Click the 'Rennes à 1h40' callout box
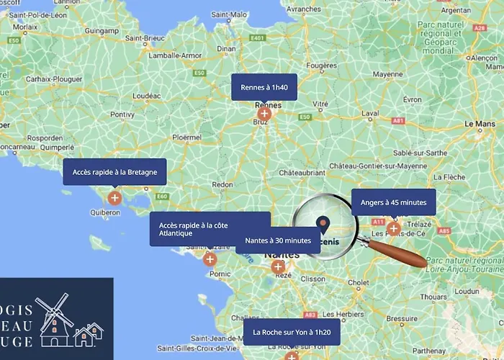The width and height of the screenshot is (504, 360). pos(264,87)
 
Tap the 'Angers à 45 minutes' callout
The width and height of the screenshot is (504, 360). pos(393,202)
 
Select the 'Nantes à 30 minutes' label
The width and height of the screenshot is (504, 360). pos(277,240)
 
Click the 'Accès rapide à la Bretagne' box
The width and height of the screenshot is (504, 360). pos(114,172)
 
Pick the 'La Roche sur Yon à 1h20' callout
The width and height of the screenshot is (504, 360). pos(291,332)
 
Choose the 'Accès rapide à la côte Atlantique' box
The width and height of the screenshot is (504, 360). pos(210,229)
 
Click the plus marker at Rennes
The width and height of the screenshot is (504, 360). pos(264,113)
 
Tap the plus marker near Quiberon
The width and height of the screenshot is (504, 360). pos(114,197)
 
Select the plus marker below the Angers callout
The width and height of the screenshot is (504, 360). pos(393,228)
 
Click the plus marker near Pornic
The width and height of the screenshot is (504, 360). pos(210,258)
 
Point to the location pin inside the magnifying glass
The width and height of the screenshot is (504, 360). pos(324,225)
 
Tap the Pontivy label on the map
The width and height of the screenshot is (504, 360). pos(122,114)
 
